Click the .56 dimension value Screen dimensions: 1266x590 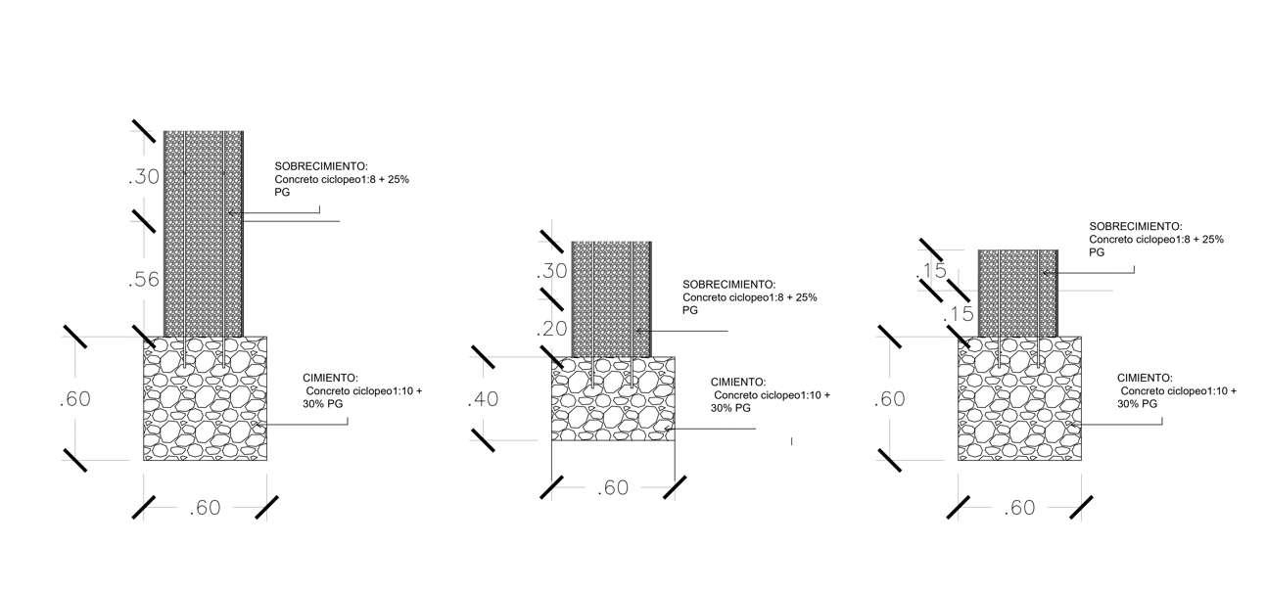pyautogui.click(x=143, y=281)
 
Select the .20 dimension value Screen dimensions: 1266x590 pyautogui.click(x=553, y=329)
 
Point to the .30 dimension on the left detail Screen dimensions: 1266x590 pyautogui.click(x=143, y=177)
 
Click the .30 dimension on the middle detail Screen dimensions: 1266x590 pyautogui.click(x=552, y=272)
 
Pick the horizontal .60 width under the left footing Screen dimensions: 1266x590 pyautogui.click(x=205, y=508)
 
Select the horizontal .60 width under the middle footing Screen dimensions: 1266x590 pyautogui.click(x=612, y=487)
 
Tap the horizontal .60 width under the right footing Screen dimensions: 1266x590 pyautogui.click(x=1019, y=508)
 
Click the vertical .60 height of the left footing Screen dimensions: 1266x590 pyautogui.click(x=74, y=399)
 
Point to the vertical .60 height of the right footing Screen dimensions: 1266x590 pyautogui.click(x=889, y=399)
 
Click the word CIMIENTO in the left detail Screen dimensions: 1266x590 pyautogui.click(x=330, y=378)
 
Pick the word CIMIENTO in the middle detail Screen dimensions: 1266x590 pyautogui.click(x=738, y=383)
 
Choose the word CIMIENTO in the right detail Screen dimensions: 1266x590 pyautogui.click(x=1145, y=377)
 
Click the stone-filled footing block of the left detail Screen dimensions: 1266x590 pyautogui.click(x=205, y=399)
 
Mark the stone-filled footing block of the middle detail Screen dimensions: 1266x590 pyautogui.click(x=613, y=399)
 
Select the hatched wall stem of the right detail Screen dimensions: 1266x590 pyautogui.click(x=1018, y=292)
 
